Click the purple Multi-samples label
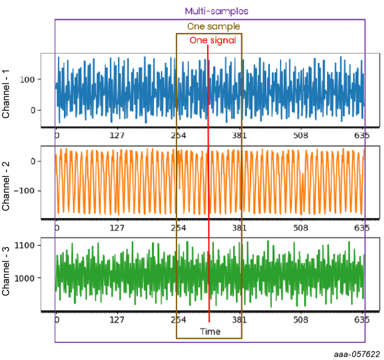tap(216, 11)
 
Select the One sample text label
tap(213, 27)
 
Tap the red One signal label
tap(213, 40)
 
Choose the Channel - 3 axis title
tap(7, 269)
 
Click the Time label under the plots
tap(210, 332)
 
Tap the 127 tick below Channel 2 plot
tap(116, 228)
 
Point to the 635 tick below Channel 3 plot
tap(361, 319)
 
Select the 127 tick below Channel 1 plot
tap(116, 135)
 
